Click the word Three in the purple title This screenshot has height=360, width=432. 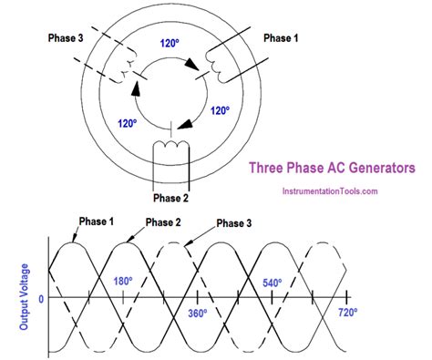tap(270, 168)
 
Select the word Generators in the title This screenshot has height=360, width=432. tap(375, 168)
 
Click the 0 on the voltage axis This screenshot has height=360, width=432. tap(40, 298)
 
